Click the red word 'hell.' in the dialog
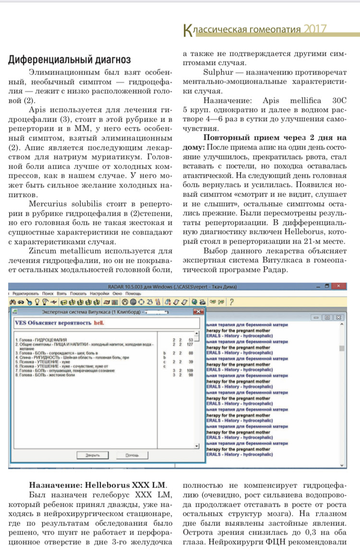click(99, 323)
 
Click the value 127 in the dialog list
click(191, 344)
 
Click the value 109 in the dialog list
click(191, 371)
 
